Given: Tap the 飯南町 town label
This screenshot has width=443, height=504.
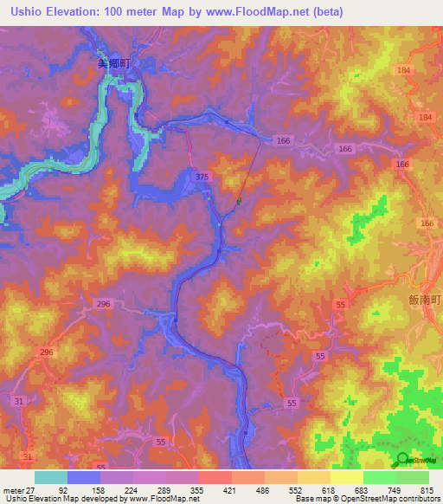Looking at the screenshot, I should pos(426,299).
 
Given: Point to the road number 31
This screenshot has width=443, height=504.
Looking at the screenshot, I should pos(29,456).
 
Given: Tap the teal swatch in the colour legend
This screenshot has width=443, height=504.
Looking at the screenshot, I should pos(50,476).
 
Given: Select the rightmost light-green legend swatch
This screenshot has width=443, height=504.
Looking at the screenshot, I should pos(413,476).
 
